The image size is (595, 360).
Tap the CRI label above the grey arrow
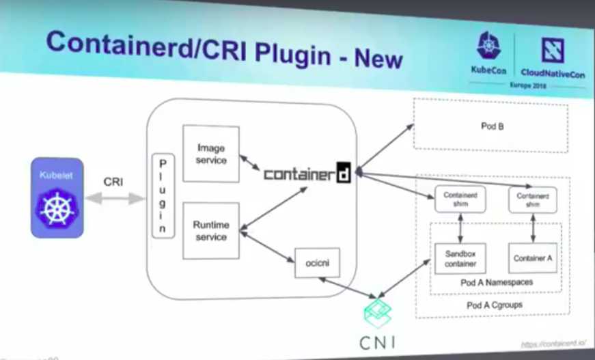(113, 182)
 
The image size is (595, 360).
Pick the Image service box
(211, 154)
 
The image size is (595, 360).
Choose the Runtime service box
(211, 231)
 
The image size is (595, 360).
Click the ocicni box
(316, 262)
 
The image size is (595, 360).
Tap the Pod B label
(492, 126)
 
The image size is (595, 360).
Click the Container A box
(532, 258)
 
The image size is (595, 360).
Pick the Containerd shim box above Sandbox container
(455, 199)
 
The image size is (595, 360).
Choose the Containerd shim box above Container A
(532, 199)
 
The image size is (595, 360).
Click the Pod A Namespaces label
(497, 283)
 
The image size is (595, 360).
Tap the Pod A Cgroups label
(494, 305)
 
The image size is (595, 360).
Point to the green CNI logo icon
(378, 311)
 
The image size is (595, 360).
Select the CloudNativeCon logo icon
(552, 50)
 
